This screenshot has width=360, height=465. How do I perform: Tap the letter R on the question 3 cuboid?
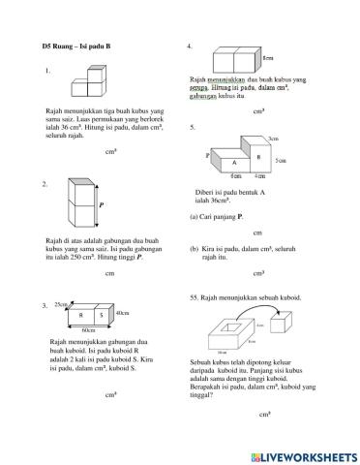click(x=82, y=315)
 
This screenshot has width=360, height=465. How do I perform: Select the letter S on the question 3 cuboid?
click(x=102, y=315)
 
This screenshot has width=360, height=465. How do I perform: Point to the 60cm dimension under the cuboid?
click(x=88, y=330)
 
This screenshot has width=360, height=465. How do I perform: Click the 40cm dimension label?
click(x=122, y=314)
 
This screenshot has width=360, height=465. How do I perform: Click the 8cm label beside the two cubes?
click(x=267, y=59)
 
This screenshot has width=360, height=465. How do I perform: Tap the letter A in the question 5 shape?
click(x=235, y=163)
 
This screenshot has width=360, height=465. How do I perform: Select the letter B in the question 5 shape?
click(x=257, y=156)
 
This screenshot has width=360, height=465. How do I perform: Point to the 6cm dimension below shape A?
click(x=235, y=176)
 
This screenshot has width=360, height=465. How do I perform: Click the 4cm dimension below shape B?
click(x=258, y=176)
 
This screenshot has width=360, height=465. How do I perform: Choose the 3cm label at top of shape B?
click(x=274, y=139)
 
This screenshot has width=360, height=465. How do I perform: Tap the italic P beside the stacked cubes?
click(x=102, y=205)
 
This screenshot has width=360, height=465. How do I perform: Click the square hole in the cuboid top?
click(x=229, y=327)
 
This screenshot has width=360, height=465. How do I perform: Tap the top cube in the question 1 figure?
click(x=95, y=74)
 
